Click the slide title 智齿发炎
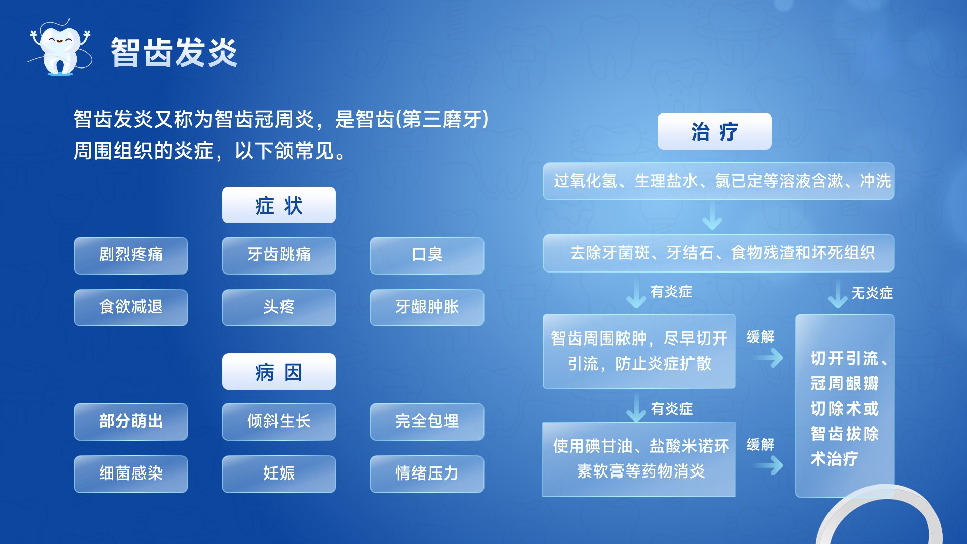point(174,52)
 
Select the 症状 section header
point(279,205)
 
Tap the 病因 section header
point(279,372)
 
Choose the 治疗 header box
point(714,131)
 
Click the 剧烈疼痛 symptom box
point(131,255)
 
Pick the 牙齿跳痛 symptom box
point(279,255)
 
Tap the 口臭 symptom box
point(427,255)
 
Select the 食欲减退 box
point(131,307)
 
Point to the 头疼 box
point(279,307)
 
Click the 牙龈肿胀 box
point(427,307)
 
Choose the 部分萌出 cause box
point(131,422)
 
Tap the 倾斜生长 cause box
point(279,422)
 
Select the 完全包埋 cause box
point(427,422)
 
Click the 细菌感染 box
point(131,474)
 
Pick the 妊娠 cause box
point(279,474)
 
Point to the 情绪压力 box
point(427,474)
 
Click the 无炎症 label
point(872,293)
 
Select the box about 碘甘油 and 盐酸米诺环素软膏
point(639,459)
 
